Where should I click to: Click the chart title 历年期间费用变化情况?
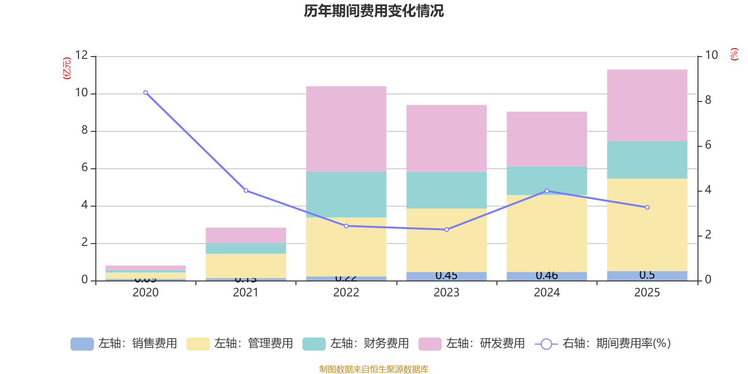[x=374, y=11]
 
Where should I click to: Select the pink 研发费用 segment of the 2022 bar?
[x=346, y=129]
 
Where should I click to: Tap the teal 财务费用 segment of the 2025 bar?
[x=647, y=159]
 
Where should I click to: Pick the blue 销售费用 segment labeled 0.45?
[x=446, y=276]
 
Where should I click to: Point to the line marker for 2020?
[x=145, y=93]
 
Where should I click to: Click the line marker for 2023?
[x=446, y=230]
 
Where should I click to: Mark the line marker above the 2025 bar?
[x=647, y=207]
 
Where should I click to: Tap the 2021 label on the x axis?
[x=245, y=293]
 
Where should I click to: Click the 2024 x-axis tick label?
[x=547, y=293]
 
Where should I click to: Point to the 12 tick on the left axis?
[x=82, y=55]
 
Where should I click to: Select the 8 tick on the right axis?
[x=708, y=100]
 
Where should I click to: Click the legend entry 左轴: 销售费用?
[x=124, y=344]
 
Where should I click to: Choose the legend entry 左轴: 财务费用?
[x=356, y=344]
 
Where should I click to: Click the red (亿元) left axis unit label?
[x=67, y=68]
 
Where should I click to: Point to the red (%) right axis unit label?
[x=734, y=54]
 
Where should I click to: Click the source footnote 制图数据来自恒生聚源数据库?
[x=374, y=369]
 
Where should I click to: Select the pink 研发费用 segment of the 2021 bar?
[x=245, y=235]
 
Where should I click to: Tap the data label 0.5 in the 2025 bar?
[x=647, y=275]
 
